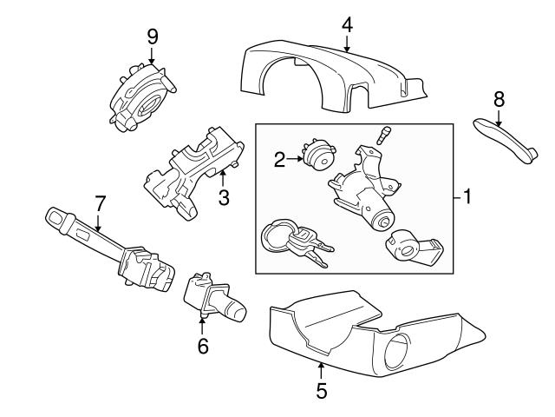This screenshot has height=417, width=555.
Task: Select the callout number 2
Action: click(279, 158)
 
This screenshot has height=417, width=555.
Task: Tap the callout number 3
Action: click(223, 199)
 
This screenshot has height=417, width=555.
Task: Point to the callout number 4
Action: click(347, 24)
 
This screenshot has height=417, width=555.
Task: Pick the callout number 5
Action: click(322, 392)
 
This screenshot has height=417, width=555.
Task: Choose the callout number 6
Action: click(203, 346)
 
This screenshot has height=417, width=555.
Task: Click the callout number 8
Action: click(499, 100)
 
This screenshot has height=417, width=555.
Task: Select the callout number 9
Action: click(153, 36)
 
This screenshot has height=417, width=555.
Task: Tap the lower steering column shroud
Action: click(347, 334)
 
